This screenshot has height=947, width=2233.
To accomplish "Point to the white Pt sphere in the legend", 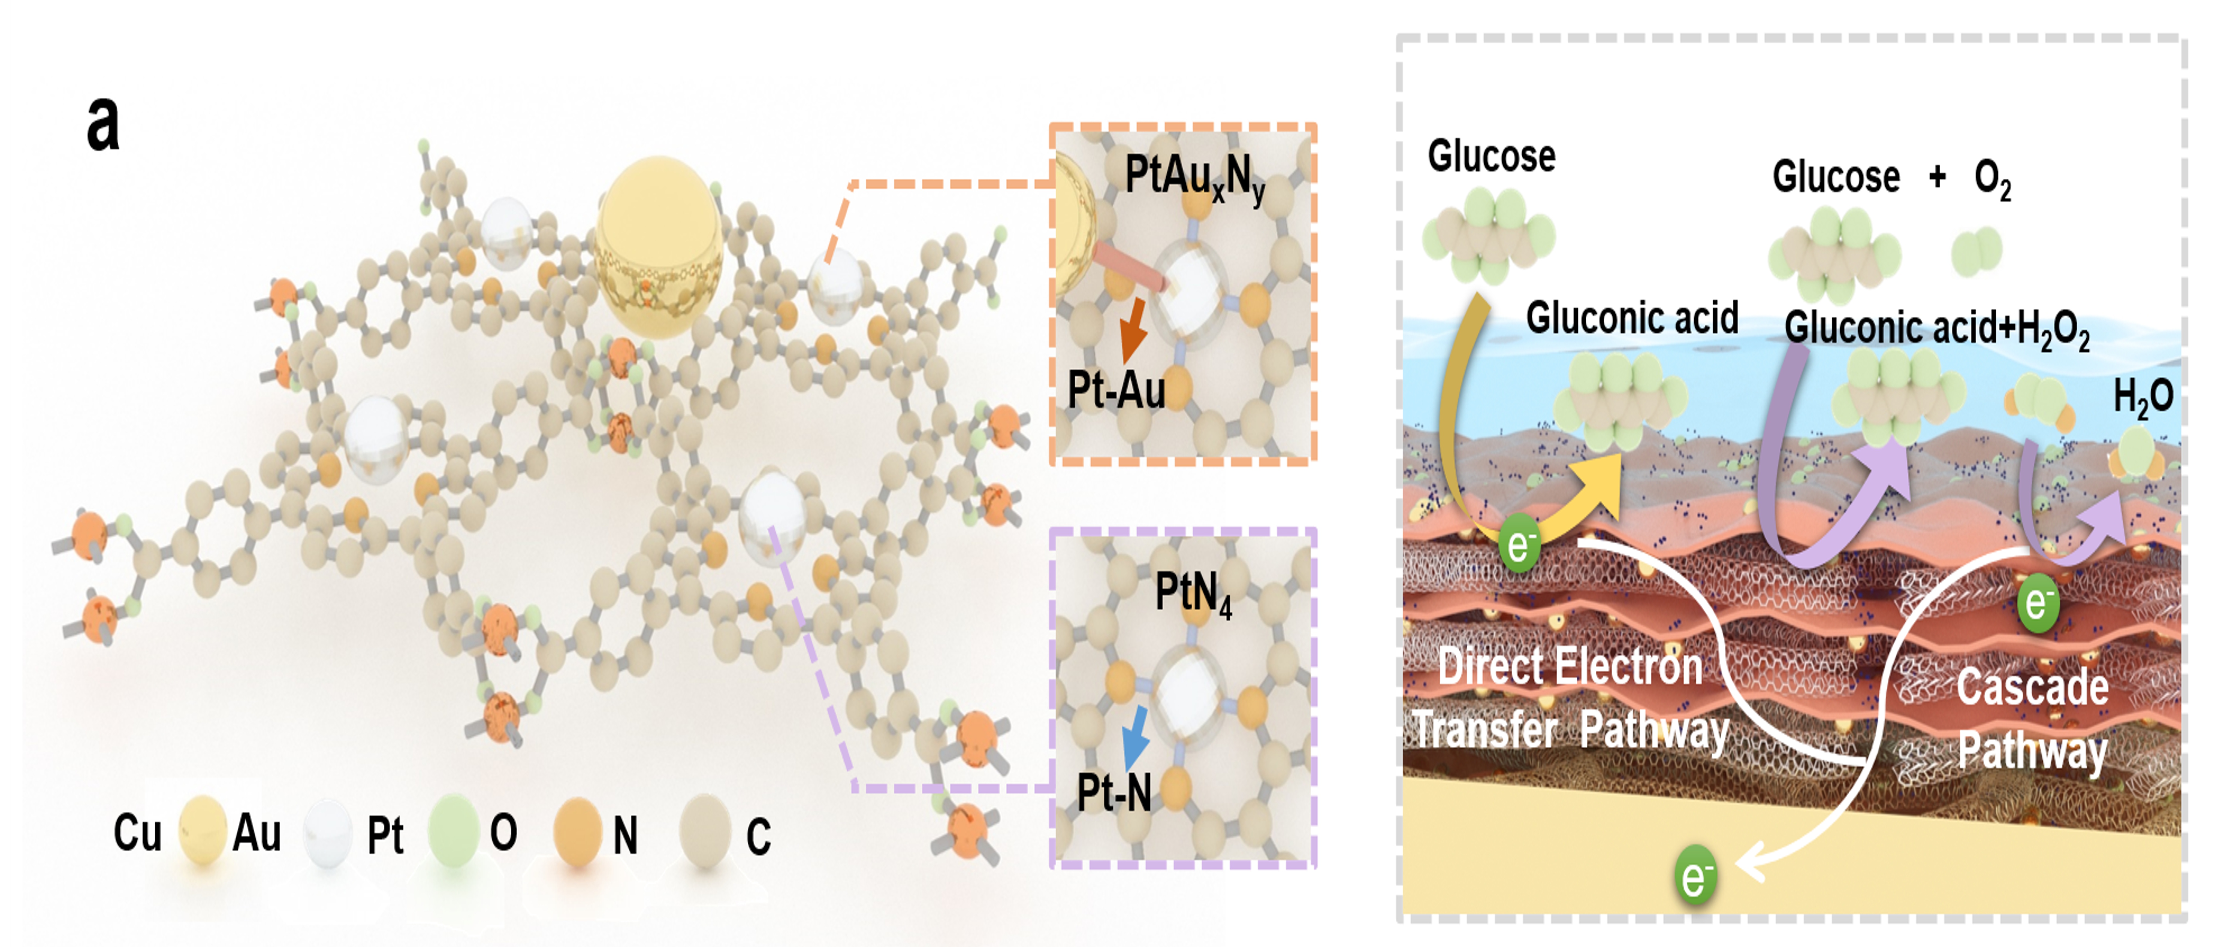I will [328, 833].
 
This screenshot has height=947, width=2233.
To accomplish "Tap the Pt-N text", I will [1114, 792].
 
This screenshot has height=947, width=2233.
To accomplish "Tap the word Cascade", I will [2032, 687].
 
